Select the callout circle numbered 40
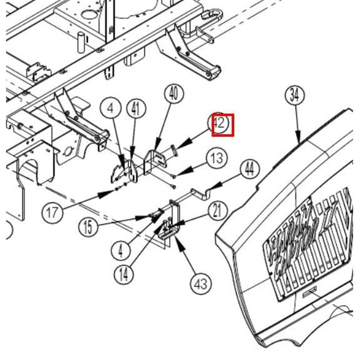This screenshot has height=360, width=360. (x=174, y=94)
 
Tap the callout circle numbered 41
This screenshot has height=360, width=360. (x=135, y=109)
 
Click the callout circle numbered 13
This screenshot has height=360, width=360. (x=217, y=158)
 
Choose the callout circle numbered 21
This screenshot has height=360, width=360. (x=217, y=211)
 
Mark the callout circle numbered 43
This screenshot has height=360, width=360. (x=201, y=284)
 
